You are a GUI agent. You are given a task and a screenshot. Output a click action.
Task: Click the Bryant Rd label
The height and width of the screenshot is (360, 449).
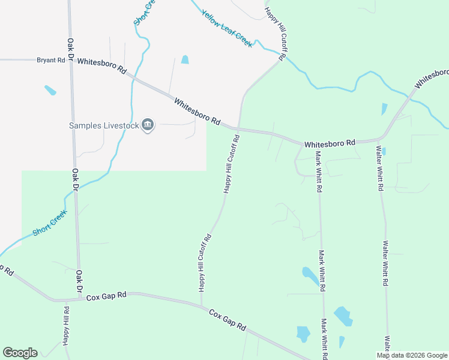coord(51,60)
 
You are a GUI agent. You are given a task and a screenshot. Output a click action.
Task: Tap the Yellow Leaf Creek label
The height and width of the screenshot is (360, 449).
coord(227,29)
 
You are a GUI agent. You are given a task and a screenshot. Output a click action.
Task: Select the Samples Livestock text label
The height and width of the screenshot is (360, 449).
coord(103,125)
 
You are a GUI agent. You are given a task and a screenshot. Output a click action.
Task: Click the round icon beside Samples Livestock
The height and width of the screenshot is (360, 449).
coord(148,125)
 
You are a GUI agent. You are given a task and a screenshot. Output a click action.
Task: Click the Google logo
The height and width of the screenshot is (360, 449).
coord(20,353)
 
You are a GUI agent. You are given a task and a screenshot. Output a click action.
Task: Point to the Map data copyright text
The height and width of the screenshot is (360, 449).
coord(412,355)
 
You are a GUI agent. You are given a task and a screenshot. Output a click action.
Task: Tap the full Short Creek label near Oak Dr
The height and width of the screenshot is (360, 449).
coord(49,223)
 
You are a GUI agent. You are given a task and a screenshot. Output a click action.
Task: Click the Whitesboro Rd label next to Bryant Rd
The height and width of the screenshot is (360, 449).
coord(102,66)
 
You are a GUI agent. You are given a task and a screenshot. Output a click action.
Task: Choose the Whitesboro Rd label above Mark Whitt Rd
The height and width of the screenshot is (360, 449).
coord(330,144)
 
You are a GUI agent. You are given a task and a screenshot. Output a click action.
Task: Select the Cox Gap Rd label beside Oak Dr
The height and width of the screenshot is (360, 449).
coord(106,296)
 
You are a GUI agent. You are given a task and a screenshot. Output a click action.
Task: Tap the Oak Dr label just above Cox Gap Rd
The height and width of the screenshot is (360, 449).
coord(78,282)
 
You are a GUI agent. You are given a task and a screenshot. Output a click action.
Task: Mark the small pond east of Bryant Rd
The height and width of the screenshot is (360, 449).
coord(185,59)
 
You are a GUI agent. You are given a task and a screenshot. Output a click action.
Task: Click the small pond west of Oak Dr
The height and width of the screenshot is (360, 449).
coord(50,91)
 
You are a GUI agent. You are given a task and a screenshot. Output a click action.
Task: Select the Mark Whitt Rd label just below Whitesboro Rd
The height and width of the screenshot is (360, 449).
coord(319,171)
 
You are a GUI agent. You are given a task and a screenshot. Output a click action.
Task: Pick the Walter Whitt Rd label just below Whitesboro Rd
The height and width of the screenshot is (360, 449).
coord(379,168)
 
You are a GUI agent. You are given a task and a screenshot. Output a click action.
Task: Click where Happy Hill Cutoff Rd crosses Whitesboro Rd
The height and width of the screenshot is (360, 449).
coord(238,128)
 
